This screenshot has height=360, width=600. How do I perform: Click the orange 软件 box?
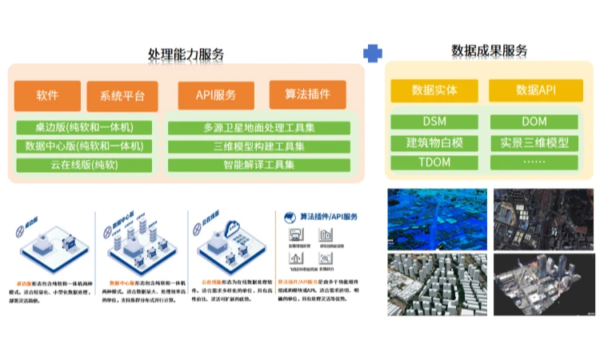tap(47, 96)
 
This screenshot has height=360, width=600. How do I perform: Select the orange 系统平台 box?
tap(122, 96)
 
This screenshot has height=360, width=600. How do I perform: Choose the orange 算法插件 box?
tap(307, 95)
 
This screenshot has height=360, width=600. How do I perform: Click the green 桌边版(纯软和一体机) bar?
tap(84, 127)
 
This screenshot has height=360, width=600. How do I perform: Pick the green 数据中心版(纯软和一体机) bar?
tap(84, 146)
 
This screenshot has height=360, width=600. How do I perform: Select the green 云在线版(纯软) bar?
tap(84, 166)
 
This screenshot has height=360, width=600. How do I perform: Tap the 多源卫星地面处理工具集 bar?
tap(258, 127)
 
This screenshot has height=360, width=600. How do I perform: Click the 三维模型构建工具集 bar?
tap(258, 146)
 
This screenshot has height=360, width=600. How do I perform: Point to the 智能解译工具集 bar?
tap(258, 166)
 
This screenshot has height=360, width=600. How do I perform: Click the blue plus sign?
tap(373, 54)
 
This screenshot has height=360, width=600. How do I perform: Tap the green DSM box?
tap(434, 122)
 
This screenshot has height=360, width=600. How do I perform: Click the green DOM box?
tap(534, 122)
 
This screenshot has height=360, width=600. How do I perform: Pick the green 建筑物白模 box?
tap(434, 142)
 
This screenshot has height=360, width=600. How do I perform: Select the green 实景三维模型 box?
tap(534, 142)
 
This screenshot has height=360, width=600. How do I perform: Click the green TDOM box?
tap(434, 162)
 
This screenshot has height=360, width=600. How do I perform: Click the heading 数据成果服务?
tap(490, 51)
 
